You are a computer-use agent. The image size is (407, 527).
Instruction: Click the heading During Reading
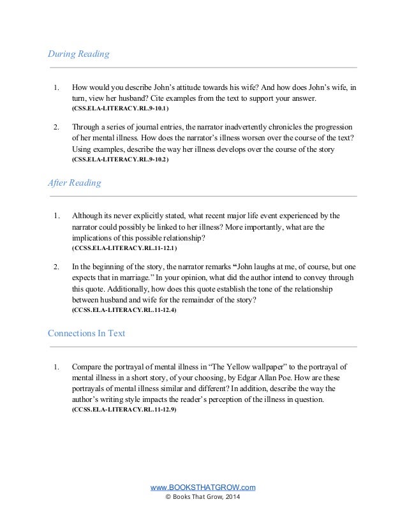click(x=78, y=54)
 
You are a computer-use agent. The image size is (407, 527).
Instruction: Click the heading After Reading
click(x=74, y=183)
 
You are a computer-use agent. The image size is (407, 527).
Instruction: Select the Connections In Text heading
click(x=86, y=334)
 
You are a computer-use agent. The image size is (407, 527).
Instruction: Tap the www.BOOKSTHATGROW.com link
click(x=202, y=487)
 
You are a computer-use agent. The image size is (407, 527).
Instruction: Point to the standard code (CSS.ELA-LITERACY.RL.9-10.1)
click(x=119, y=110)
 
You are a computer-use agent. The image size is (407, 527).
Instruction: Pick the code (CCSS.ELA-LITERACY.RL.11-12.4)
click(x=124, y=309)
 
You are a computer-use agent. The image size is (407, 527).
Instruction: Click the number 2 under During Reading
click(x=56, y=127)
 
